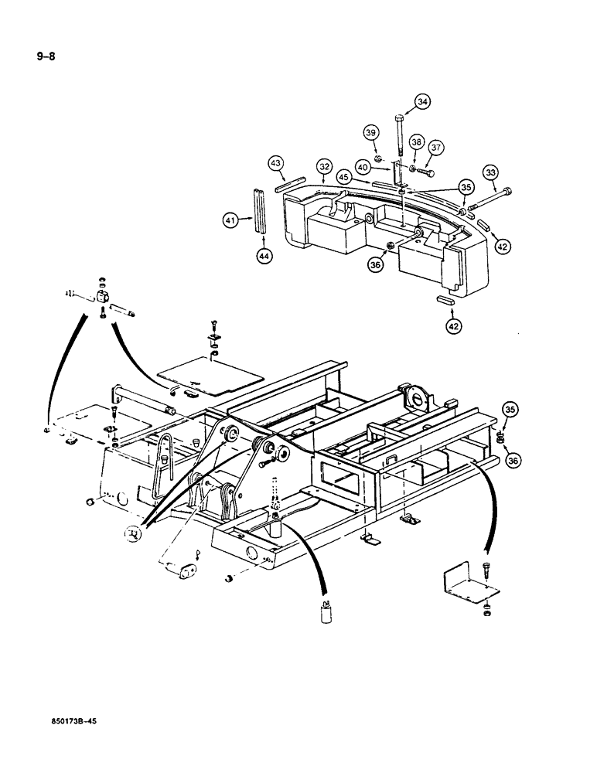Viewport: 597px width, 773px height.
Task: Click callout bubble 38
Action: click(417, 142)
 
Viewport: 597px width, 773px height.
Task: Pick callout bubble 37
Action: click(437, 148)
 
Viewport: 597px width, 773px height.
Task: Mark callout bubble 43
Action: click(275, 163)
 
